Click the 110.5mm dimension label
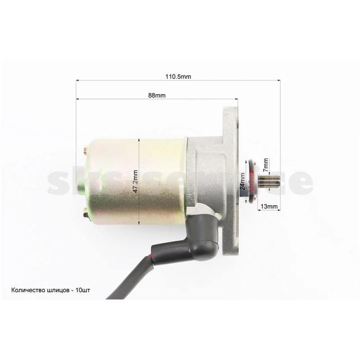[x=178, y=76]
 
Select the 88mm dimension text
[x=157, y=95]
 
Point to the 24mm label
[x=243, y=181]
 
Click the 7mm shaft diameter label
[x=266, y=165]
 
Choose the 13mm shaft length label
[x=269, y=207]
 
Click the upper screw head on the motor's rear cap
[x=85, y=150]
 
